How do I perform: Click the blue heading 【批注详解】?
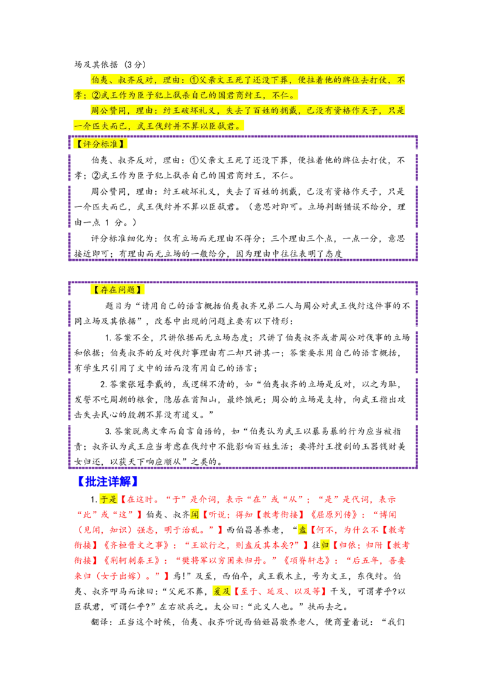pyautogui.click(x=108, y=481)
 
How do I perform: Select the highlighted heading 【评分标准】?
pyautogui.click(x=100, y=144)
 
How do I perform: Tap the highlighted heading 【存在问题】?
pyautogui.click(x=118, y=289)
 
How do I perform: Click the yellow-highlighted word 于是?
pyautogui.click(x=109, y=499)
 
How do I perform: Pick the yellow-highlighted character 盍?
pyautogui.click(x=303, y=530)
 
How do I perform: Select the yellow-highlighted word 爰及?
pyautogui.click(x=222, y=591)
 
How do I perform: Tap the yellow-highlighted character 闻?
pyautogui.click(x=194, y=515)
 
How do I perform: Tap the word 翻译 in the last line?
pyautogui.click(x=100, y=621)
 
